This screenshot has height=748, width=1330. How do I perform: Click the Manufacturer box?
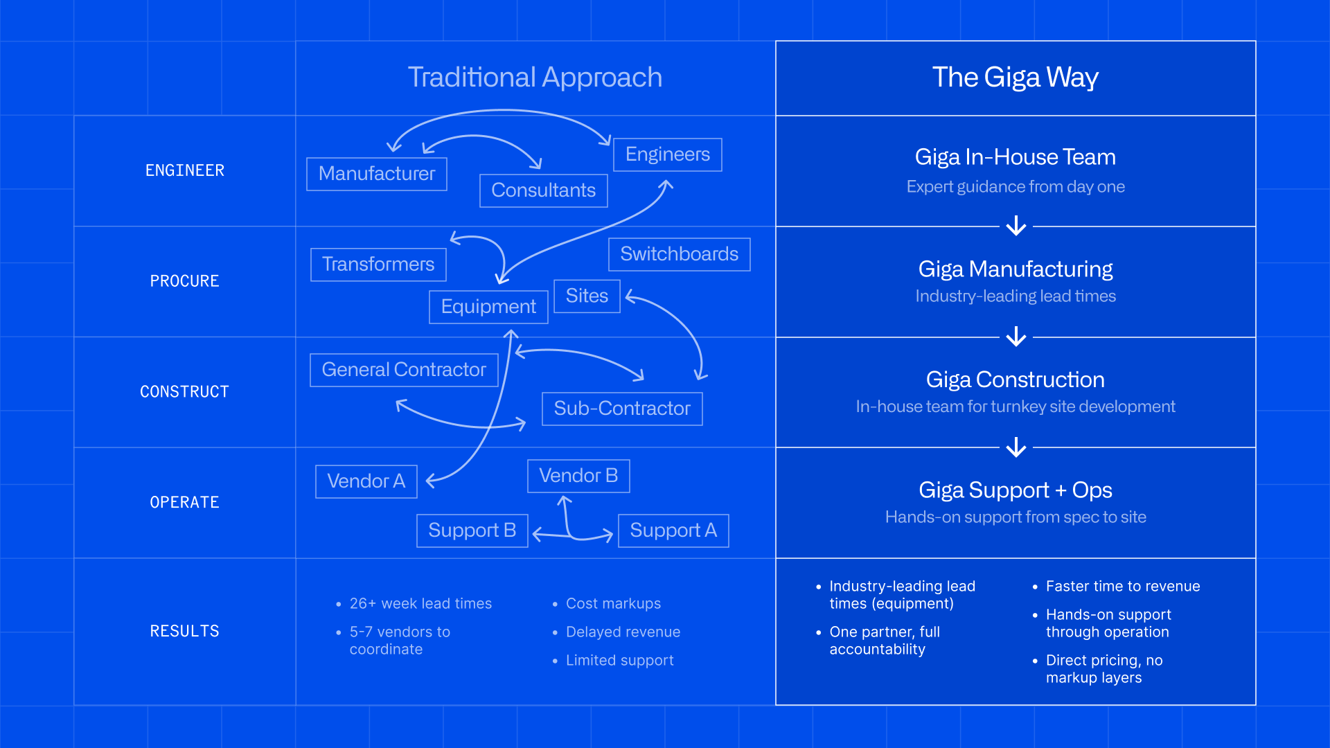377,174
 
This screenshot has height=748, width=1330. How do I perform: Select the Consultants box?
543,190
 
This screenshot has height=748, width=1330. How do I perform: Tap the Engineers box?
667,154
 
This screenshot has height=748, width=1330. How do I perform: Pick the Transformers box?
378,265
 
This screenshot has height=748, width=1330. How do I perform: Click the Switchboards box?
679,254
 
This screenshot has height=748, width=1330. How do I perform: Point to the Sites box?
587,296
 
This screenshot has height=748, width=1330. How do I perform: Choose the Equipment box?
488,307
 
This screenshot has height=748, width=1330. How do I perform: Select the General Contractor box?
404,370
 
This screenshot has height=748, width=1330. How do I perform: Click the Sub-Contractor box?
621,409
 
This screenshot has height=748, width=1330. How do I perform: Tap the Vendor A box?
366,481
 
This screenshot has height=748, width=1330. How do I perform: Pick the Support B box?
472,531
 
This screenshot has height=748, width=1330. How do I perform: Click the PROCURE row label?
184,281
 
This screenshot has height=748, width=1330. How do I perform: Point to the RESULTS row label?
184,631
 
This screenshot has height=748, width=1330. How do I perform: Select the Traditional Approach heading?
535,78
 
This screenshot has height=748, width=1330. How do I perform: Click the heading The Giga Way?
1015,78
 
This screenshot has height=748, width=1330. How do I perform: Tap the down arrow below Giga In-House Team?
1016,226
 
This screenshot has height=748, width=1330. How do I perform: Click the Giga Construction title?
1015,380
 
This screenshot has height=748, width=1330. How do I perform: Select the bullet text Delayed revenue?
623,632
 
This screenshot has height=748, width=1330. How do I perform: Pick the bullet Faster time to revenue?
1122,586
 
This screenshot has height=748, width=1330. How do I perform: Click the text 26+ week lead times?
420,603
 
